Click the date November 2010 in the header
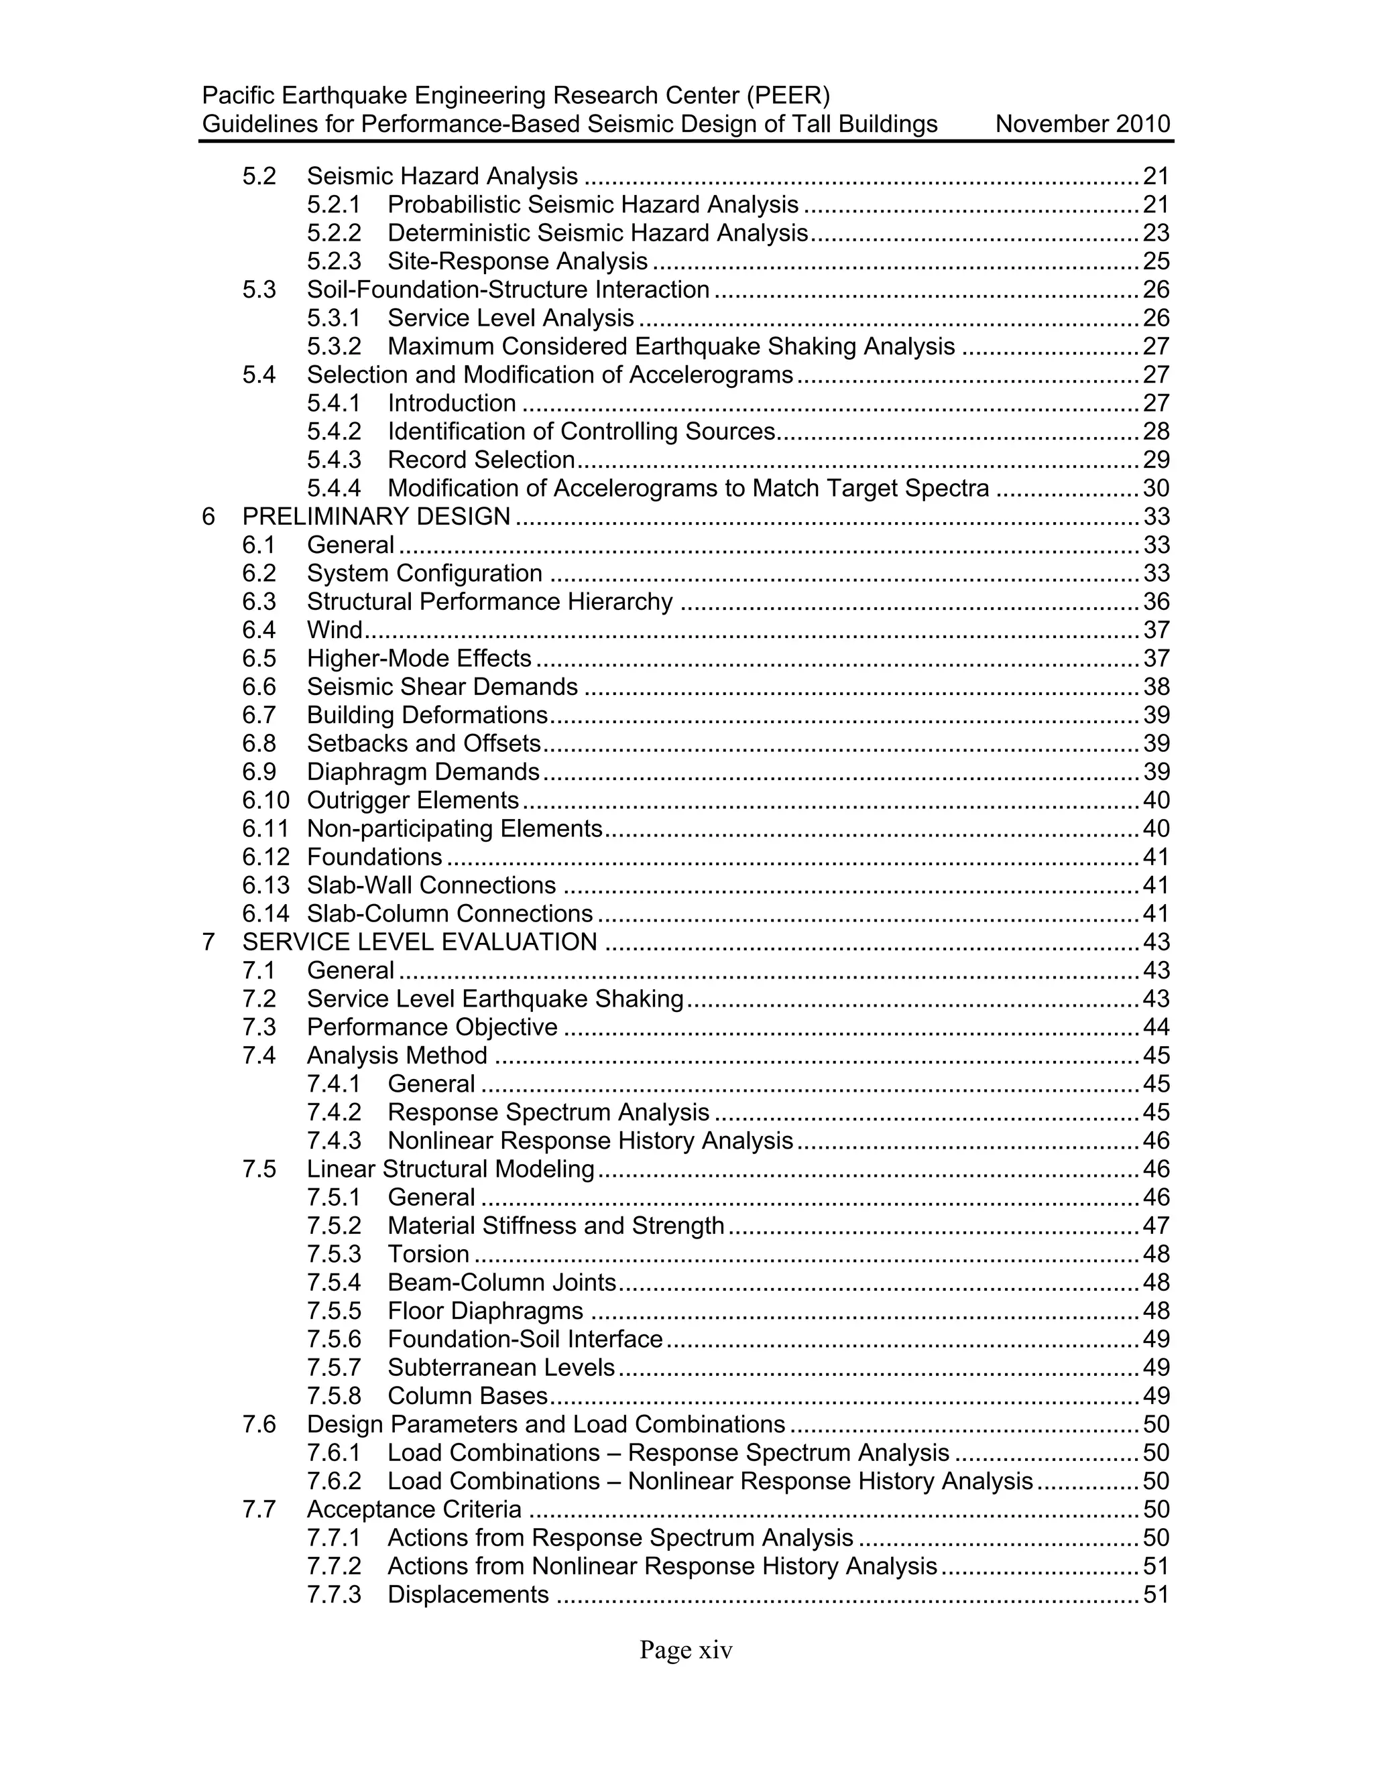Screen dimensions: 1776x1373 [x=1082, y=125]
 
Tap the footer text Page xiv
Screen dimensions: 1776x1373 [x=686, y=1650]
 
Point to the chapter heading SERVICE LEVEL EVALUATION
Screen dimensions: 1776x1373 [x=420, y=942]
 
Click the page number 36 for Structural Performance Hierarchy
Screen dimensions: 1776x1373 [x=1156, y=602]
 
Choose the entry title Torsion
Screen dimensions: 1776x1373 [x=428, y=1254]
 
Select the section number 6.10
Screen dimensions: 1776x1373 [x=265, y=801]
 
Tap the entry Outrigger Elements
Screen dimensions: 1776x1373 [x=412, y=801]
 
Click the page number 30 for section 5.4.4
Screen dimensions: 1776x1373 [x=1156, y=489]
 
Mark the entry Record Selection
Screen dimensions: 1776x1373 [x=481, y=460]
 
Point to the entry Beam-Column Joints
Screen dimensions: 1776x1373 [x=502, y=1282]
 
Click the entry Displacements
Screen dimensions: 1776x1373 [x=468, y=1594]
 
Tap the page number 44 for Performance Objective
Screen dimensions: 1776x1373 [x=1156, y=1027]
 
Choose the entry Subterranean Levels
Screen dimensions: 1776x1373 [x=501, y=1368]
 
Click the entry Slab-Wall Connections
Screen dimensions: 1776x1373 [x=431, y=885]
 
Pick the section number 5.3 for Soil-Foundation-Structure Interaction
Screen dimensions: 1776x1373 [x=259, y=290]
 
